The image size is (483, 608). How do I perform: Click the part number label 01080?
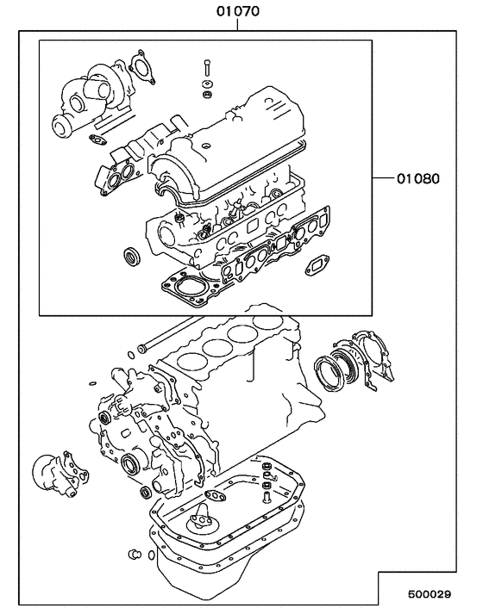click(x=418, y=180)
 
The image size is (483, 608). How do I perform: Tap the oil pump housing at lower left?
click(x=61, y=475)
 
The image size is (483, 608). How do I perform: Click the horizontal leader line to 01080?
click(x=383, y=180)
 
